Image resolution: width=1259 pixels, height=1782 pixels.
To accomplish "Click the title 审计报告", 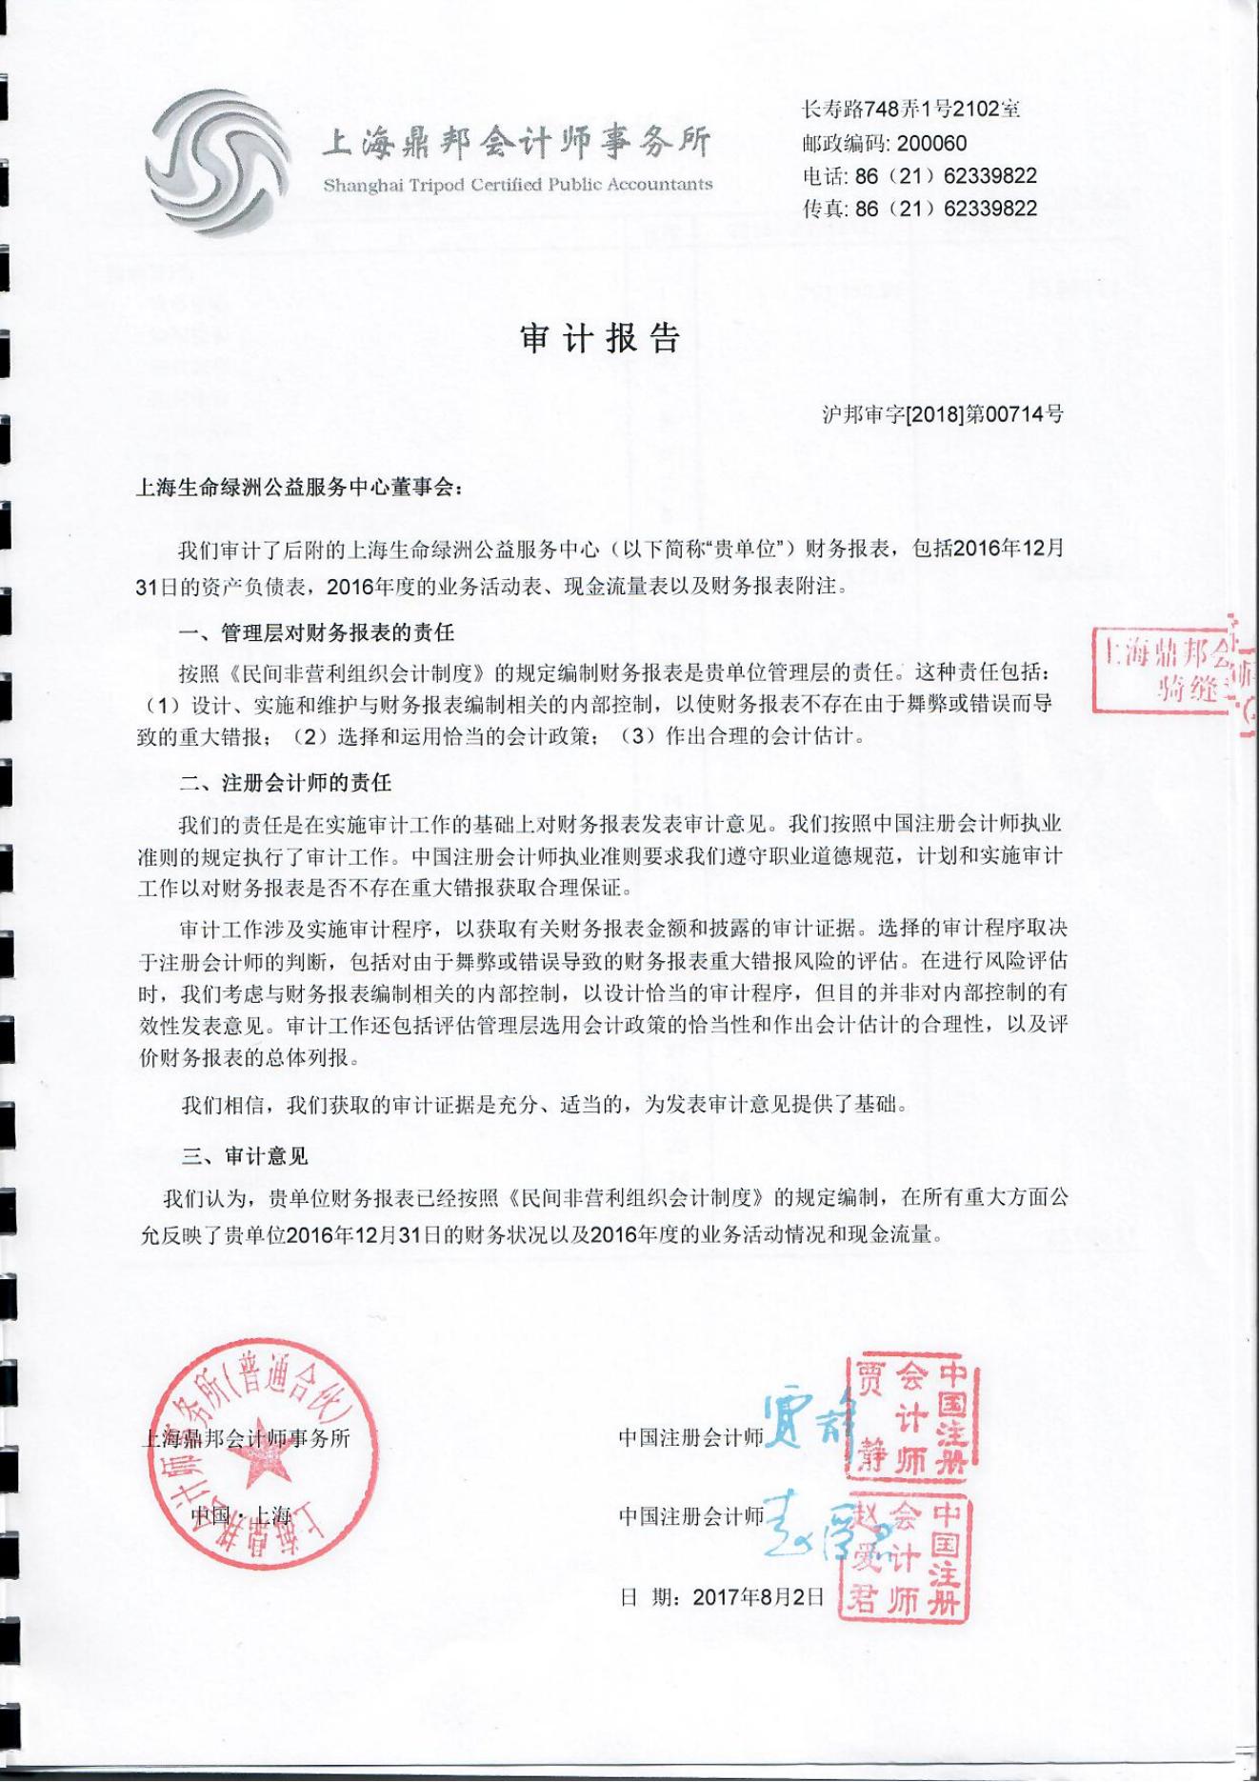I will coord(600,338).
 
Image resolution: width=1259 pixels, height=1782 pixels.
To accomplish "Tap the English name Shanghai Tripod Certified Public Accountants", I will coord(517,185).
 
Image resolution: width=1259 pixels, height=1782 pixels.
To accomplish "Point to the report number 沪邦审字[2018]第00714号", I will coord(942,414).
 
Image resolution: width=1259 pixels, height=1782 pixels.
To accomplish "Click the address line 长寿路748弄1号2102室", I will coord(911,110).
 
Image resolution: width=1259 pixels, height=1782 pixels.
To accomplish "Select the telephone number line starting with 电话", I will coord(920,176).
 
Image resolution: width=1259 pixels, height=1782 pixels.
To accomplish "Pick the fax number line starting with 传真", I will coord(920,209).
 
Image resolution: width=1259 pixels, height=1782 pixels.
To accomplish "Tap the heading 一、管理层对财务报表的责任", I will coord(317,632).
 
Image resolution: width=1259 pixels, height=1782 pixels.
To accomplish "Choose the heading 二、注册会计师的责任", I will coord(286,783).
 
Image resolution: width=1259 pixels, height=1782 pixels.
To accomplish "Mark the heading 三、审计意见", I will coord(246,1156).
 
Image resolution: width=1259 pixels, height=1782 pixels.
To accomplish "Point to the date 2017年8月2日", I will coord(758,1596).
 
